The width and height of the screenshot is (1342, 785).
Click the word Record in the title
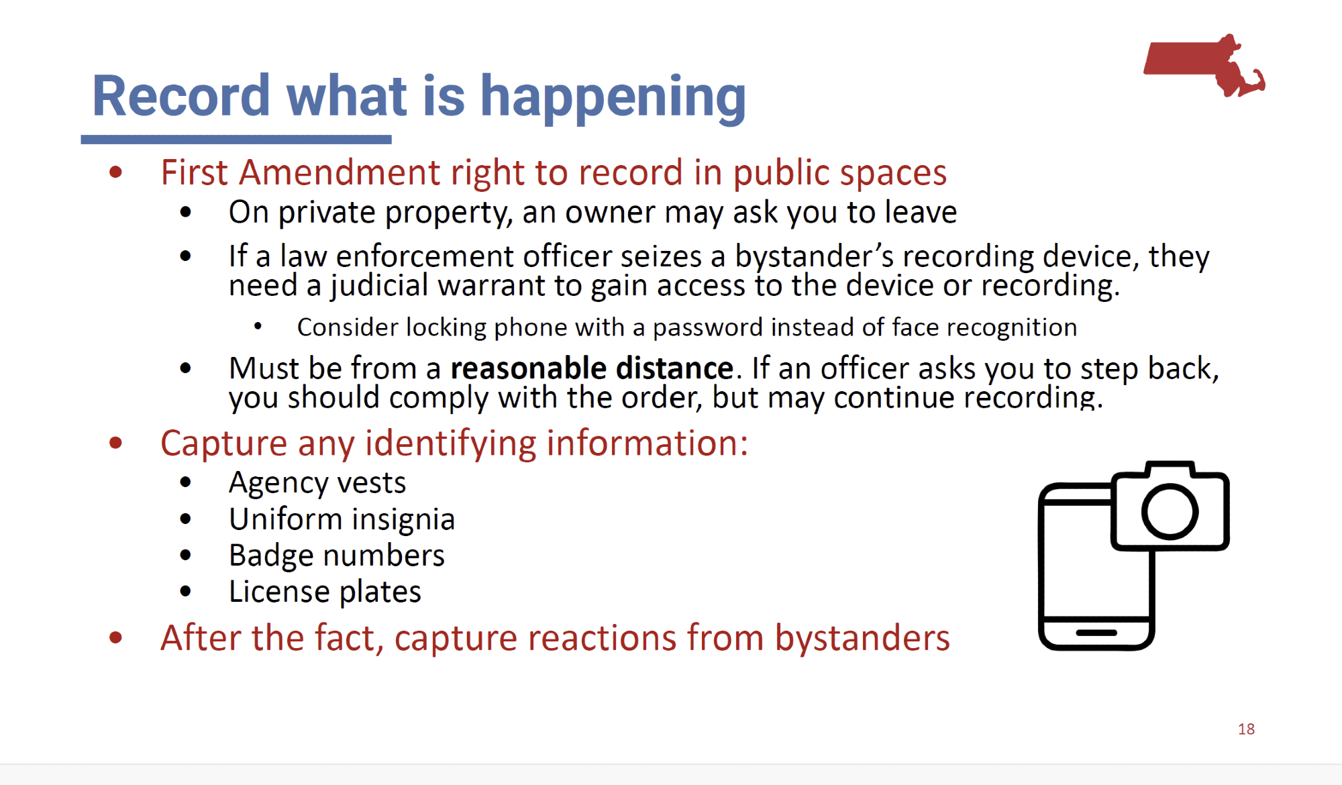click(180, 95)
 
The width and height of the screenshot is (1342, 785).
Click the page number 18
click(1246, 729)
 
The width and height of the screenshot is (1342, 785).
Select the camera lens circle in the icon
click(1170, 511)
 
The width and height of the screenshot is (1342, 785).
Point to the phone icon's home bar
click(1096, 632)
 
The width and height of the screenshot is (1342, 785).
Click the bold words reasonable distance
click(592, 368)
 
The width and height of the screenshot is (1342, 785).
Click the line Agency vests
click(317, 483)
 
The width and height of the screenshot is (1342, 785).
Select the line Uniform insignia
click(342, 519)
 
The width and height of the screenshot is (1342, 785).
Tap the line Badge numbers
click(336, 556)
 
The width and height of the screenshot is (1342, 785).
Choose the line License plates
click(325, 592)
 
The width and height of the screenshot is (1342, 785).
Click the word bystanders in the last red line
click(862, 637)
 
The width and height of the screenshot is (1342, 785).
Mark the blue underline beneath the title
click(236, 140)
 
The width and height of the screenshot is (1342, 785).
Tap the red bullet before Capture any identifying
click(115, 443)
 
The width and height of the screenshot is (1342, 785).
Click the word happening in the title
click(613, 98)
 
